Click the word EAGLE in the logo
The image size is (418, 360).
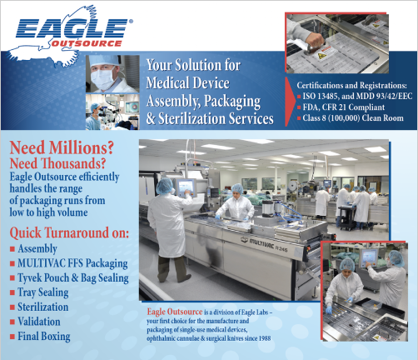coord(72,28)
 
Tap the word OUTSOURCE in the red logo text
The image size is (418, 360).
coord(87,43)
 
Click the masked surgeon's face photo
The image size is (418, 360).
coord(112,73)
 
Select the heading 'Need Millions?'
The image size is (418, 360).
coord(62,147)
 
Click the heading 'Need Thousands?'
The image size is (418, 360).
coord(57,163)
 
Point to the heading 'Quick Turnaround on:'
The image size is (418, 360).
coord(69,232)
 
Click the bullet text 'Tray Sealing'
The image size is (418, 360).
coord(43,292)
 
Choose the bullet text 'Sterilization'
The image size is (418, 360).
coord(43,307)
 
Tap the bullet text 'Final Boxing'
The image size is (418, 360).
coord(44,337)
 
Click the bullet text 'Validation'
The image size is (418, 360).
coord(39,322)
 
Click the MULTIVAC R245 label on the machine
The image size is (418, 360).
coord(264,245)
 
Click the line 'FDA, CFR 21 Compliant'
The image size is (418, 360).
coord(344,107)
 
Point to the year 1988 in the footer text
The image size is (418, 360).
coord(264,338)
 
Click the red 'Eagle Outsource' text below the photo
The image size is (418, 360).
coord(175,312)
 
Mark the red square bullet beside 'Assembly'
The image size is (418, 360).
coord(12,248)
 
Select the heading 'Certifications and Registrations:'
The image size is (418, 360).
coord(352,85)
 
